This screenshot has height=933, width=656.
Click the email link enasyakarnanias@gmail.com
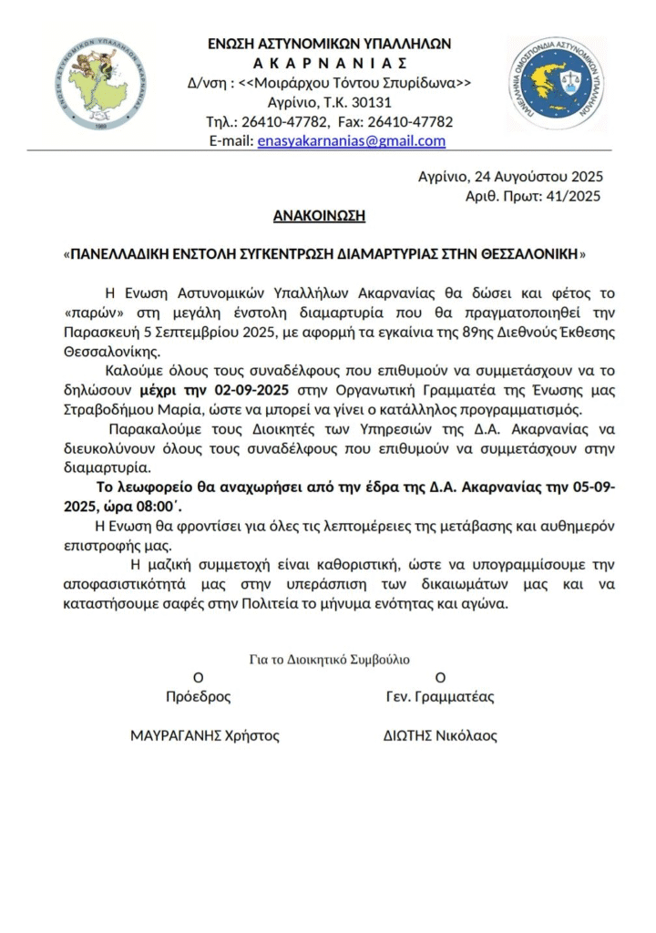click(352, 140)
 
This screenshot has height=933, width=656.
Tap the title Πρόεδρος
click(198, 697)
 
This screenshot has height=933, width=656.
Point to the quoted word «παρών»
click(90, 313)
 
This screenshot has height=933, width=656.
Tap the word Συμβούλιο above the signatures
click(381, 659)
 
